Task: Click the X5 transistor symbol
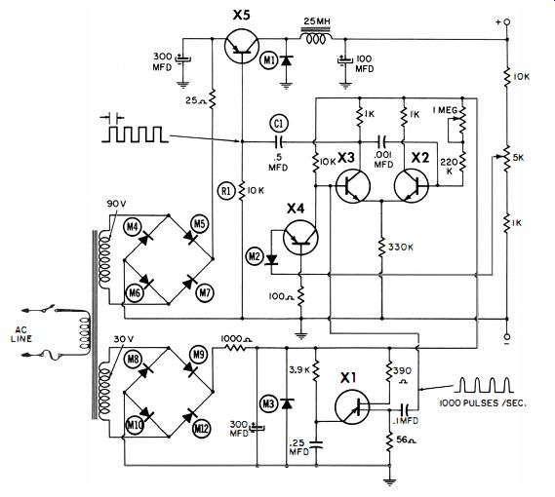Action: pos(242,46)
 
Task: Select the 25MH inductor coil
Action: pos(316,37)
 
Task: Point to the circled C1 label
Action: pos(279,123)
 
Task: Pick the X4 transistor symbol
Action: pos(300,238)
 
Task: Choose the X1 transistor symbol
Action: pos(352,407)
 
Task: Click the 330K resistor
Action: pos(381,248)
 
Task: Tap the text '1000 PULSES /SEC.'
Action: pos(483,403)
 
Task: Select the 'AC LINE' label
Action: pos(21,334)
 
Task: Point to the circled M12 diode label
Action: pos(201,429)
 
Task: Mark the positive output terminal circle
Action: pos(507,22)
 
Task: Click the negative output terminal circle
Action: pos(507,336)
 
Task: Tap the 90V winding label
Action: pos(116,204)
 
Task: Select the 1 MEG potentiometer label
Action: pos(445,110)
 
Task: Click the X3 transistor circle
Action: pos(353,186)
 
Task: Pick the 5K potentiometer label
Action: pos(518,158)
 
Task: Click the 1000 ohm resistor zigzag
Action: pos(236,347)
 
